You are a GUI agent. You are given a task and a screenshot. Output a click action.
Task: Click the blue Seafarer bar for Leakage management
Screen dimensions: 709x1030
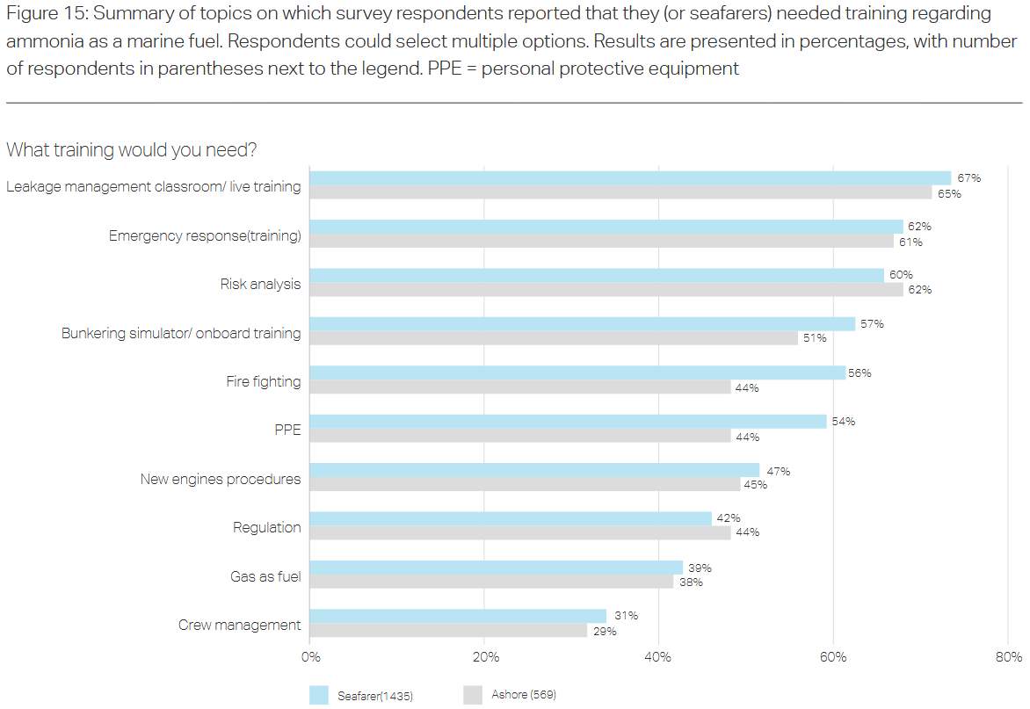pos(630,178)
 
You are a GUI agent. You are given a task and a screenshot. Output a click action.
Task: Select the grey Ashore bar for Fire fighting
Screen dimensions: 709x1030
pos(520,387)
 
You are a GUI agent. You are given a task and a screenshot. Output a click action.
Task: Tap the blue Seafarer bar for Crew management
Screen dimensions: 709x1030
pos(458,616)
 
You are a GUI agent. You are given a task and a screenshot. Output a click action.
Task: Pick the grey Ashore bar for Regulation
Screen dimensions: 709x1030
pos(520,532)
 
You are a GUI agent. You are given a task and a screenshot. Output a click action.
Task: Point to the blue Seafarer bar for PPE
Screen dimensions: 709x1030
pos(568,422)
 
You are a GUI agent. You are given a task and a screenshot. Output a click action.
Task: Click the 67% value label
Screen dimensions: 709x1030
pos(969,178)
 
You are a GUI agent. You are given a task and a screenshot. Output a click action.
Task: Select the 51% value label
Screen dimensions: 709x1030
pos(815,338)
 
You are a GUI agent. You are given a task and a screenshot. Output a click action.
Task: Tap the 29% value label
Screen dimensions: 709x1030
pos(605,631)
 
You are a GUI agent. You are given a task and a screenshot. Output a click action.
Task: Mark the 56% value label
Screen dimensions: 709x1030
pos(860,373)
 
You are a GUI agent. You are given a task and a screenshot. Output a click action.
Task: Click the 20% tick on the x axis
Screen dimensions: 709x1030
pos(485,657)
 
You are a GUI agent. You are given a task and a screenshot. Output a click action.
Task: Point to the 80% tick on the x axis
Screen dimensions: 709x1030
pos(1008,657)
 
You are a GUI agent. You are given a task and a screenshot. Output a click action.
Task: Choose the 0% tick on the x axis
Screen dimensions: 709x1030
pos(310,657)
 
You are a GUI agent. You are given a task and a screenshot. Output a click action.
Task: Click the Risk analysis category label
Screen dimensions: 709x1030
pos(260,284)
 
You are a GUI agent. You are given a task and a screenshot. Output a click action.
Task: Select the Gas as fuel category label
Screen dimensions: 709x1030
pos(265,576)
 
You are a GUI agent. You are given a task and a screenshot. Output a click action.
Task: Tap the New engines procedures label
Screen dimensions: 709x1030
pos(221,479)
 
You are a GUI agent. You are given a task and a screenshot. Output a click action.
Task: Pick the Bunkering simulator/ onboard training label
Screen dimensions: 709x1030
pos(181,333)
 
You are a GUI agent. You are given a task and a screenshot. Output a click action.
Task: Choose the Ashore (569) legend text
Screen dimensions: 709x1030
pos(524,695)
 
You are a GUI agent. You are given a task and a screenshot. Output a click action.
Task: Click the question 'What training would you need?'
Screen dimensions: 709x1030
pos(132,150)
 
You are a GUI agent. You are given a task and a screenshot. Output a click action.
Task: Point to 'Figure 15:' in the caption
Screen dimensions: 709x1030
pos(49,14)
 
